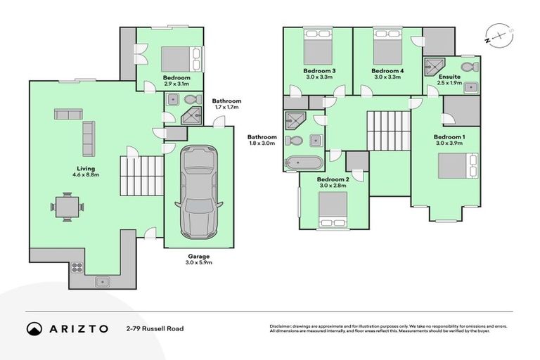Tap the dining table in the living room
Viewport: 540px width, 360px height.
[67, 207]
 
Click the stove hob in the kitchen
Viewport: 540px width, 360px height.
[77, 268]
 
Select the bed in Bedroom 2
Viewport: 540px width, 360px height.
[333, 207]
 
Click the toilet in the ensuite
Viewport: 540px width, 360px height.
[474, 67]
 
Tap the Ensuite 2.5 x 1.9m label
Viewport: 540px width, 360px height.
[449, 79]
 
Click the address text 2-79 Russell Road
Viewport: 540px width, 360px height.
[155, 328]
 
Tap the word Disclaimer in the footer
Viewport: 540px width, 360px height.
[282, 326]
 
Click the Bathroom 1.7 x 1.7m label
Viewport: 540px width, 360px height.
[226, 104]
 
